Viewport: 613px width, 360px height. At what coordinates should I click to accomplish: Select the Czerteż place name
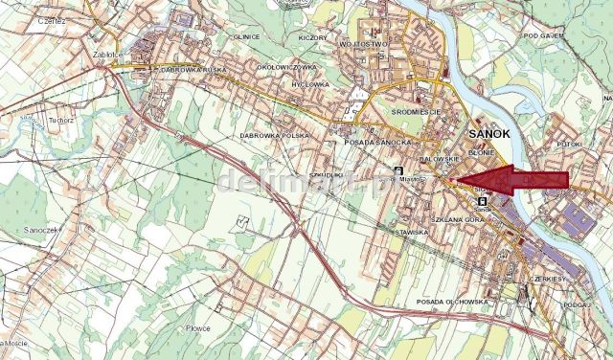pyautogui.click(x=21, y=21)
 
